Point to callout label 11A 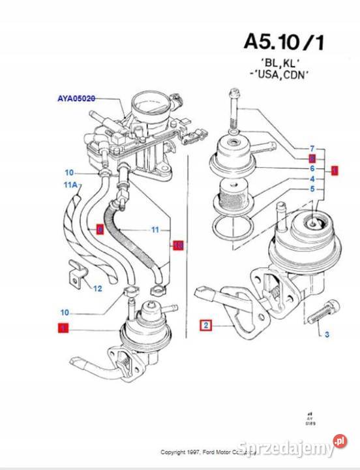pos(70,185)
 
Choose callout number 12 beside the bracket pos(97,288)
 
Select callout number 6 pos(312,168)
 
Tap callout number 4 pos(312,179)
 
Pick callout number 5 pos(312,189)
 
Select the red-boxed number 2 pos(205,324)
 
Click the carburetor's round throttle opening pos(148,104)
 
